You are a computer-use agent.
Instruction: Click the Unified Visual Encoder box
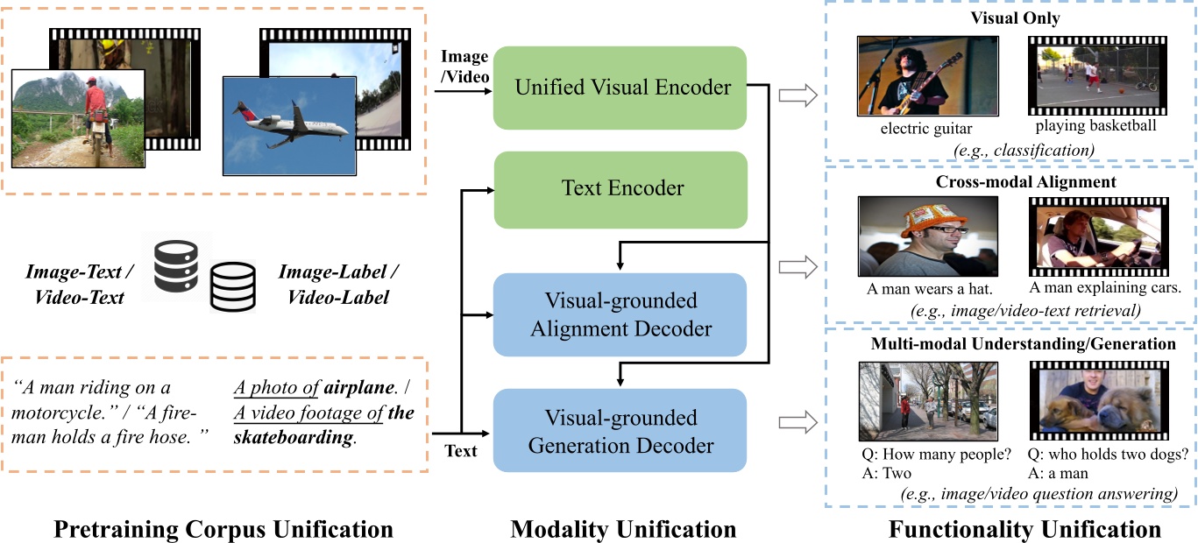click(620, 88)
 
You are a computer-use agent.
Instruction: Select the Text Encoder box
click(620, 190)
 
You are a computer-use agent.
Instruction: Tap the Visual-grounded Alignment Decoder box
click(620, 314)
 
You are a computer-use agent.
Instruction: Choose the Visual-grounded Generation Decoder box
click(620, 430)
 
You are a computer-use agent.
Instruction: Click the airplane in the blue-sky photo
click(290, 123)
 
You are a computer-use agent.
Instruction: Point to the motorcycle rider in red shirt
click(96, 117)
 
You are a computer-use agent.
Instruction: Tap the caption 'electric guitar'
click(925, 129)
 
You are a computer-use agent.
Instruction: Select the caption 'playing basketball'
click(1095, 126)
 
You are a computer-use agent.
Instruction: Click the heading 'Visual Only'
click(1015, 18)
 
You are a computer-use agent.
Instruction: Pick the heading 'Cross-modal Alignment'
click(1025, 181)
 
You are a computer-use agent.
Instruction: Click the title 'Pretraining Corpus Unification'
click(223, 529)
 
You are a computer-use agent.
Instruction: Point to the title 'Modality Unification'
click(623, 529)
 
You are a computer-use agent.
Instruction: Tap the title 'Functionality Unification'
click(1024, 529)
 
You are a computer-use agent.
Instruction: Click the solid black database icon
click(176, 266)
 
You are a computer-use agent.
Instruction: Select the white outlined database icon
click(232, 286)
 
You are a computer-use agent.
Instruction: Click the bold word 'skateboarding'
click(294, 438)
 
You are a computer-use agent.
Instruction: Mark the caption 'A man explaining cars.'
click(1105, 288)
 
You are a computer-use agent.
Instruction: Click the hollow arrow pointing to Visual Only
click(798, 95)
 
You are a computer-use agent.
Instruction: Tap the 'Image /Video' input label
click(464, 67)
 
